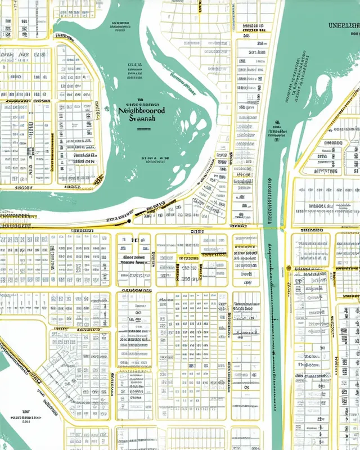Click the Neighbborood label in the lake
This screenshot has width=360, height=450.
pyautogui.click(x=141, y=111)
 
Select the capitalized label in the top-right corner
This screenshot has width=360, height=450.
pyautogui.click(x=343, y=25)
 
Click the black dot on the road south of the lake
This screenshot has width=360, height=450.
pyautogui.click(x=129, y=221)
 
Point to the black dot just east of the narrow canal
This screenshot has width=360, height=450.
pyautogui.click(x=289, y=268)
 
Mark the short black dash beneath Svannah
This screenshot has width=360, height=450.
pyautogui.click(x=145, y=129)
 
